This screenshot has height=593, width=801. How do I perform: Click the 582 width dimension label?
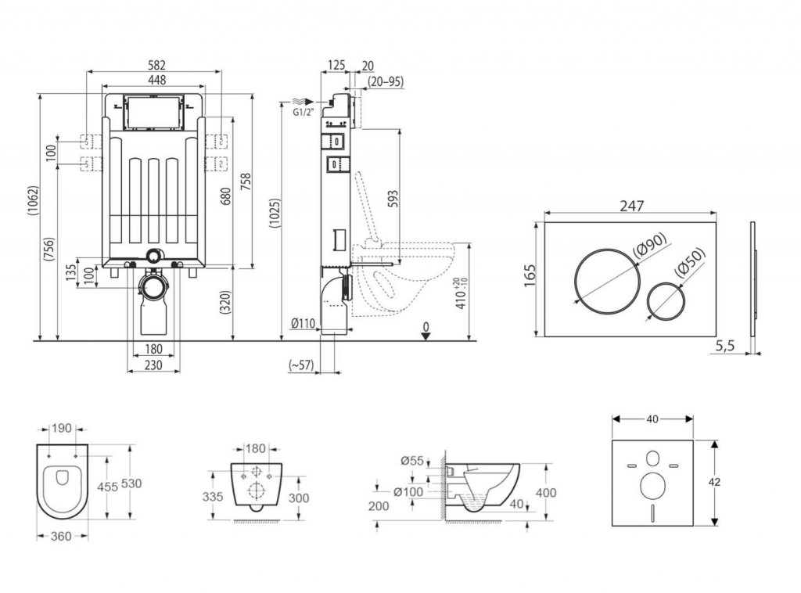pyautogui.click(x=155, y=65)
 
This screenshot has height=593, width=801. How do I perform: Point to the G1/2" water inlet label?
pyautogui.click(x=303, y=113)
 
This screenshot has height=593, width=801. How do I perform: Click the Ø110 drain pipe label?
pyautogui.click(x=304, y=323)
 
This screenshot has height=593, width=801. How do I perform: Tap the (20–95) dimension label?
pyautogui.click(x=385, y=81)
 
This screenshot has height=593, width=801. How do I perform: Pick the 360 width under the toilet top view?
pyautogui.click(x=62, y=537)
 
